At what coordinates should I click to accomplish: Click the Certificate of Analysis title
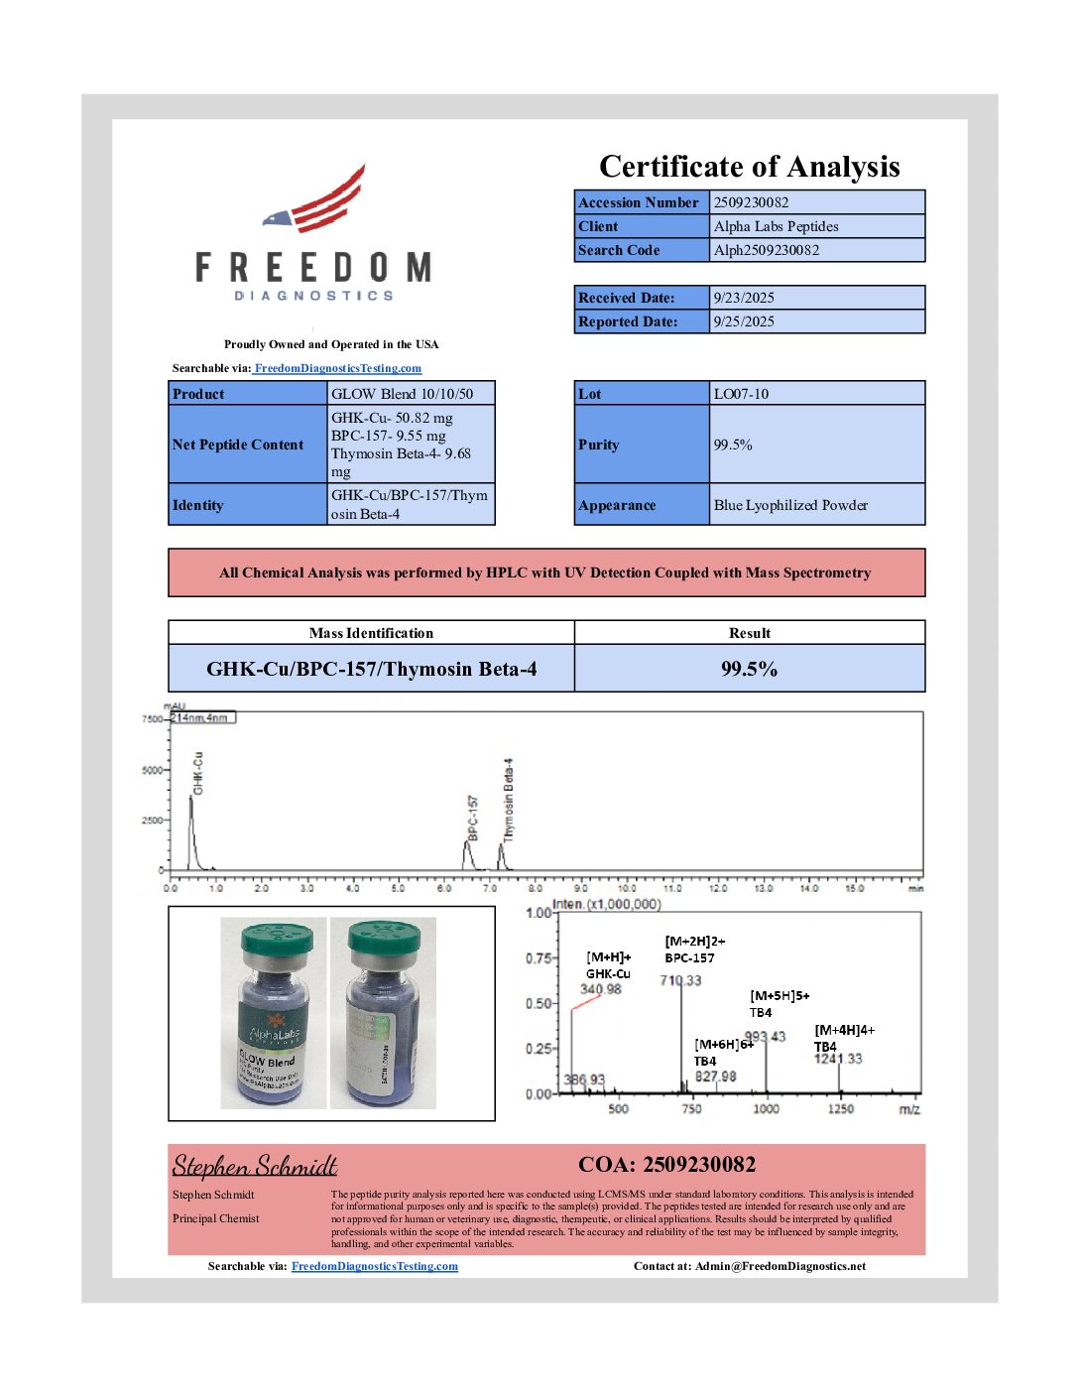pyautogui.click(x=749, y=167)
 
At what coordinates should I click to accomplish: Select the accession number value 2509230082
pyautogui.click(x=751, y=202)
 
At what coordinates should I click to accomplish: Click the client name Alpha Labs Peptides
pyautogui.click(x=776, y=226)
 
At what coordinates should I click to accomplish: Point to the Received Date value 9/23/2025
pyautogui.click(x=744, y=298)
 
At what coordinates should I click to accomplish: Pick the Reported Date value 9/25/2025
pyautogui.click(x=744, y=321)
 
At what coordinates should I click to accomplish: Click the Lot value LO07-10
pyautogui.click(x=741, y=394)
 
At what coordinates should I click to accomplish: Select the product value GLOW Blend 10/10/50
pyautogui.click(x=402, y=394)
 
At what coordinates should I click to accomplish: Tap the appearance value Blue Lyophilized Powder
pyautogui.click(x=790, y=505)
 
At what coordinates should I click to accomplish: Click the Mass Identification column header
pyautogui.click(x=371, y=633)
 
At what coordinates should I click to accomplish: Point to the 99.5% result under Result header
pyautogui.click(x=749, y=669)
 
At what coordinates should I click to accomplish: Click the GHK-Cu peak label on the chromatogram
pyautogui.click(x=198, y=773)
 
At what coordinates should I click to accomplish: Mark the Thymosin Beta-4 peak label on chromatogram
pyautogui.click(x=509, y=800)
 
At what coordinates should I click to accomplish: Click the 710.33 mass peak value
pyautogui.click(x=680, y=980)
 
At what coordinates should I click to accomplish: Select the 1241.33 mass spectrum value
pyautogui.click(x=838, y=1059)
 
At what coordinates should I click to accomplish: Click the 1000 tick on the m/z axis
pyautogui.click(x=766, y=1108)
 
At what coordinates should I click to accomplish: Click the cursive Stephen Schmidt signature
pyautogui.click(x=255, y=1166)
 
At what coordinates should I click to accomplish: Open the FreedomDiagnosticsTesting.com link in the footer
pyautogui.click(x=375, y=1266)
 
